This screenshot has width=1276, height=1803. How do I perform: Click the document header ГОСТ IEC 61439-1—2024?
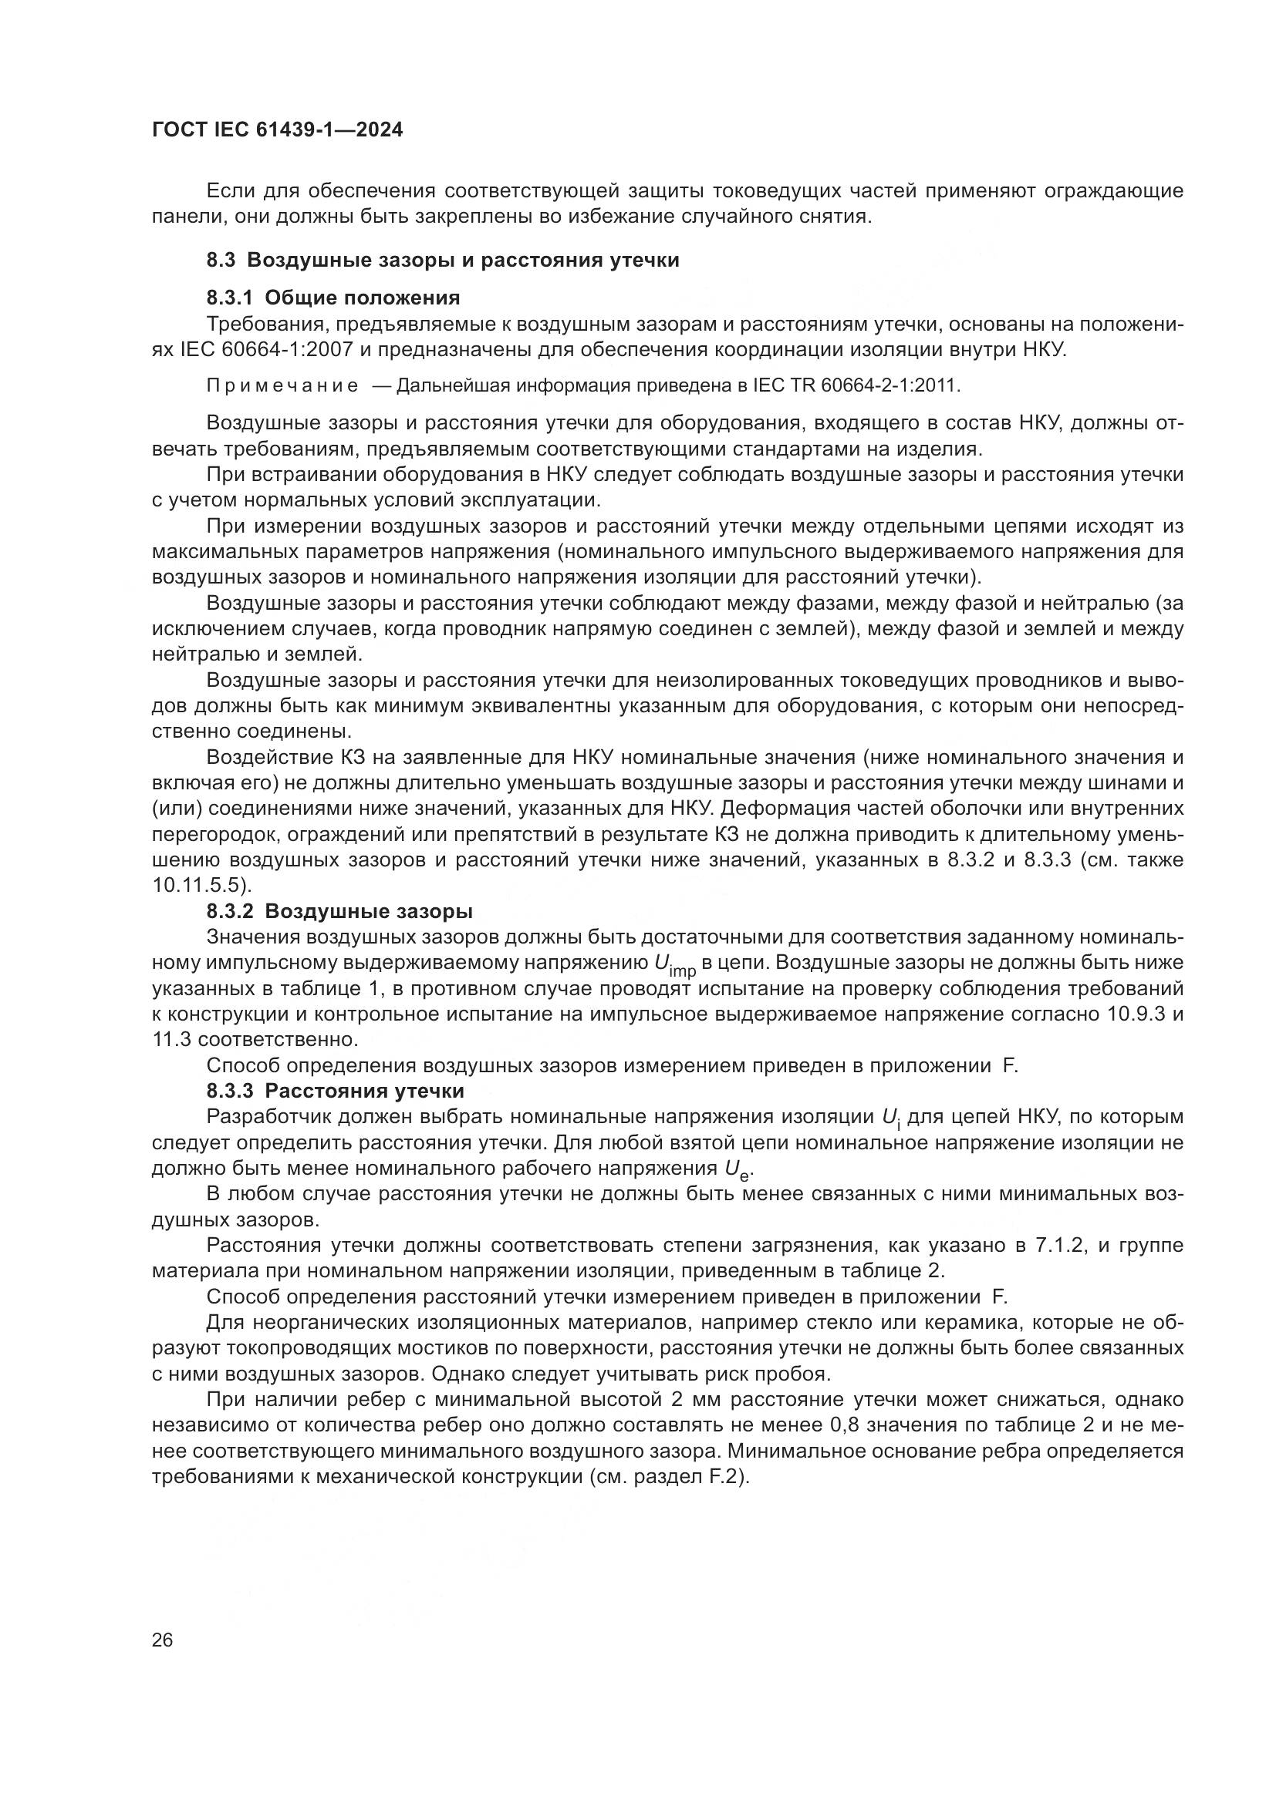pos(278,130)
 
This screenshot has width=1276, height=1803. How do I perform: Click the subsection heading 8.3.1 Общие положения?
pos(333,298)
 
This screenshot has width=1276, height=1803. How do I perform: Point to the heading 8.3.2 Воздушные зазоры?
pos(339,912)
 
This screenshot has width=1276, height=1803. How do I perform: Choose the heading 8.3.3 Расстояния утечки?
pos(336,1091)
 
